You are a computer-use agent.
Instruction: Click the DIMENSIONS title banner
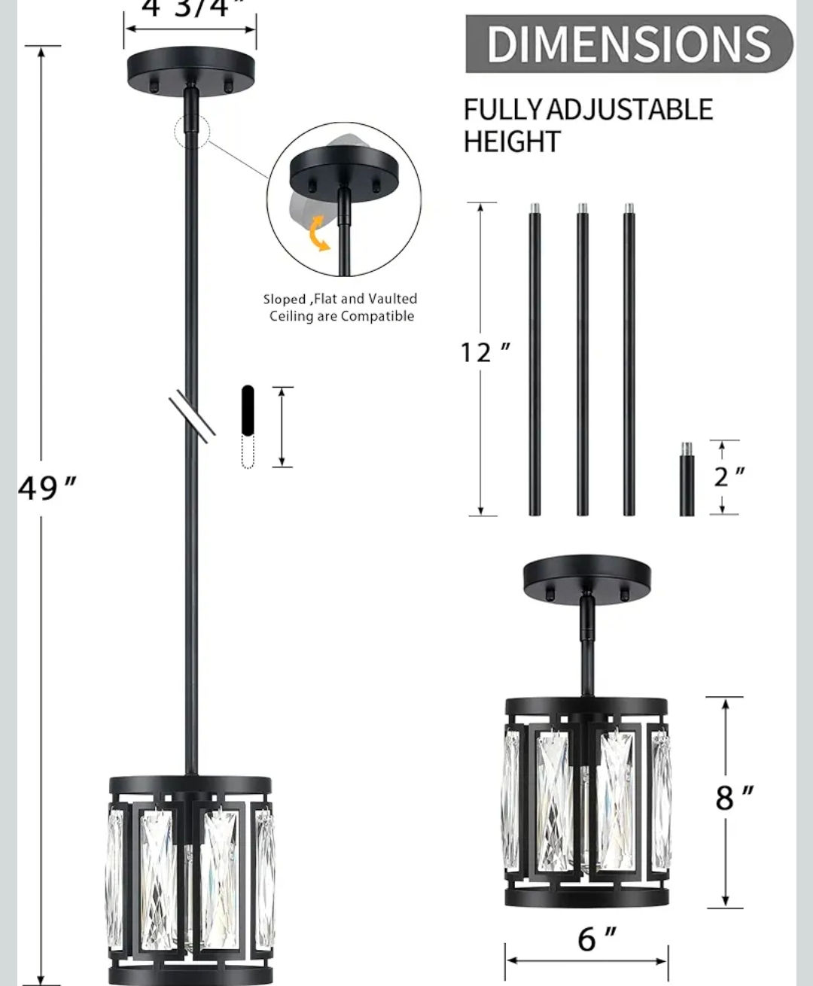[x=629, y=44]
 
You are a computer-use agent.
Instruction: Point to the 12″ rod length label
[x=486, y=351]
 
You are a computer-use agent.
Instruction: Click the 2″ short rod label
[x=729, y=476]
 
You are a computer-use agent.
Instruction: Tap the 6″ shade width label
[x=597, y=939]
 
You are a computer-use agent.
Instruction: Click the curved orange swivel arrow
[x=321, y=233]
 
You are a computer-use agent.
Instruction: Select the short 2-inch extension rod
[x=687, y=479]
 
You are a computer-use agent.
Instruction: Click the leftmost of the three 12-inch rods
[x=534, y=361]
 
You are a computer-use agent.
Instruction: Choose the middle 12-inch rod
[x=582, y=361]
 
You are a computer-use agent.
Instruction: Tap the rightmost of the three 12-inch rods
[x=629, y=361]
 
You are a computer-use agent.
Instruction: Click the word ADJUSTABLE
[x=629, y=110]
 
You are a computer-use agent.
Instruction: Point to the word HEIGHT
[x=512, y=142]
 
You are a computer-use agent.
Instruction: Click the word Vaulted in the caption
[x=392, y=299]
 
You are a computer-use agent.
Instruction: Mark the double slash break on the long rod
[x=192, y=415]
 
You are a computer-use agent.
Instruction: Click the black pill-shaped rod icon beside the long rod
[x=248, y=410]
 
